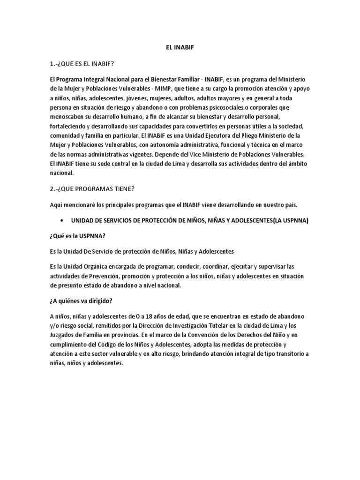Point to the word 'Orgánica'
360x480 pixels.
(106, 267)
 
